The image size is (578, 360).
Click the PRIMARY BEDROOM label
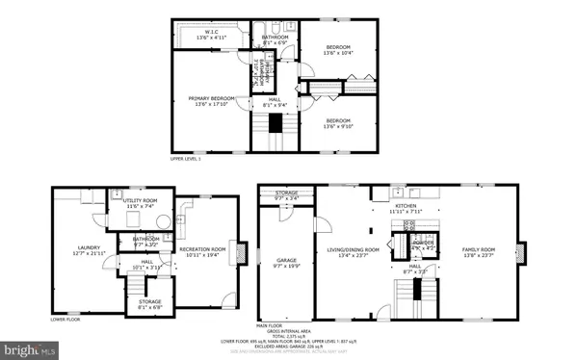(x=211, y=100)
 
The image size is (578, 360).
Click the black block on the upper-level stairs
(x=276, y=124)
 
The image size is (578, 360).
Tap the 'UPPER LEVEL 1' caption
(x=185, y=158)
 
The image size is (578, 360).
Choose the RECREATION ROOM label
(x=200, y=252)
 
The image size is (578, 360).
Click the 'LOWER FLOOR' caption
(x=65, y=320)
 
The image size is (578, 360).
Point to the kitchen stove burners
(x=407, y=225)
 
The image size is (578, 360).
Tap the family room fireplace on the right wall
(x=523, y=252)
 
